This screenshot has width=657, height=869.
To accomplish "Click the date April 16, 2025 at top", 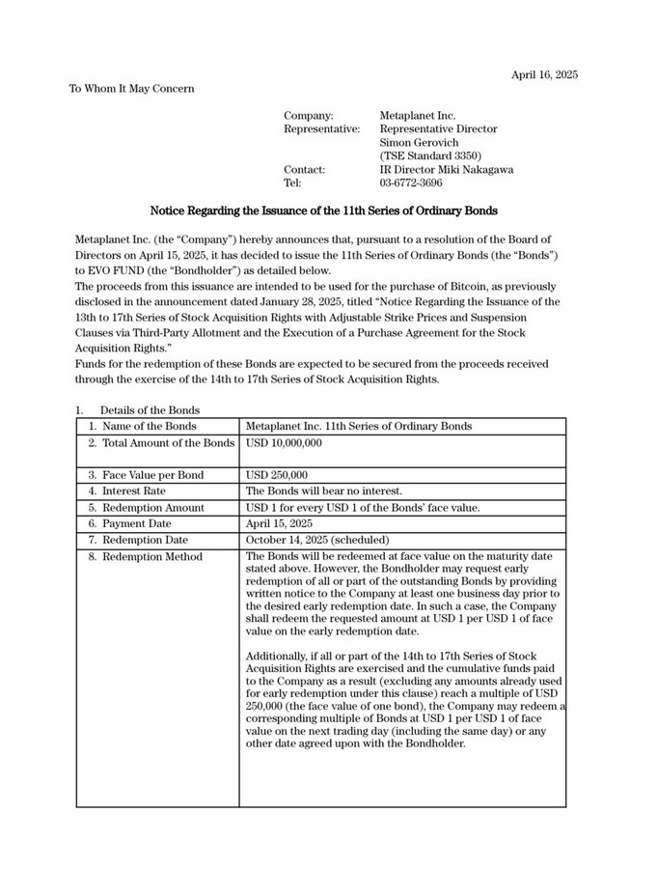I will click(x=544, y=74).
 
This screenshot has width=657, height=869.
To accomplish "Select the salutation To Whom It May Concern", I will click(x=131, y=89).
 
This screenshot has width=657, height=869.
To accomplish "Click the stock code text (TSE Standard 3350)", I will click(x=430, y=155).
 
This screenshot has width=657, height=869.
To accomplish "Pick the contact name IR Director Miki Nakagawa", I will click(x=447, y=169).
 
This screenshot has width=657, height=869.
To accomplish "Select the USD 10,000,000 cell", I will click(x=284, y=443).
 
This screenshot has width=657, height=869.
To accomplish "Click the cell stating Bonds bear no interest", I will click(x=324, y=491).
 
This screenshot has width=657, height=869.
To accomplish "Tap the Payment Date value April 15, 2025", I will click(x=281, y=523).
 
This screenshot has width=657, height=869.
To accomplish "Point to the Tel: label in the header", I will click(x=293, y=182).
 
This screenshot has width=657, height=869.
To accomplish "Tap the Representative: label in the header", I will click(x=322, y=129).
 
